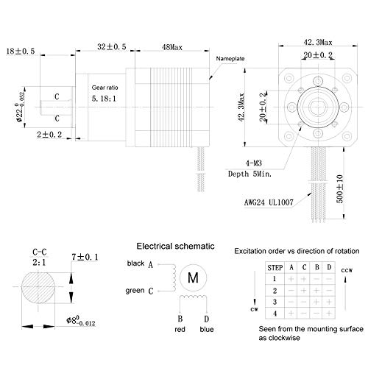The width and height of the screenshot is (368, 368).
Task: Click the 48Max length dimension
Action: [172, 47]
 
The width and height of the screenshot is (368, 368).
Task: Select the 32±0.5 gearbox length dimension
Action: [112, 46]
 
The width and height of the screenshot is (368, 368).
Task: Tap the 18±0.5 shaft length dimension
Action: [21, 52]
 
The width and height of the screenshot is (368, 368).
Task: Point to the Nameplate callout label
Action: [230, 59]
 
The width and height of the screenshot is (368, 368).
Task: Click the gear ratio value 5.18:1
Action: [104, 99]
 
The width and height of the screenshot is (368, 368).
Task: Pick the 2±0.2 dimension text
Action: [49, 135]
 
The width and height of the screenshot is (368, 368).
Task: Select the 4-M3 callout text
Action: [254, 163]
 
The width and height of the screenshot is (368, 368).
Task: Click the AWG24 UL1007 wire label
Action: [269, 202]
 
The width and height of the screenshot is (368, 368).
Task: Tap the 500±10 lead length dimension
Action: [340, 189]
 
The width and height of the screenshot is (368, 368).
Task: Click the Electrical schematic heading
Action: [175, 246]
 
